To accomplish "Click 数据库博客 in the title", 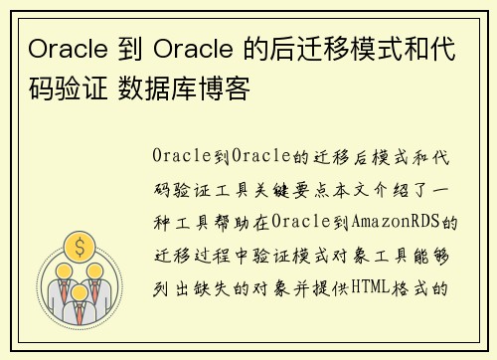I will (x=188, y=90).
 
